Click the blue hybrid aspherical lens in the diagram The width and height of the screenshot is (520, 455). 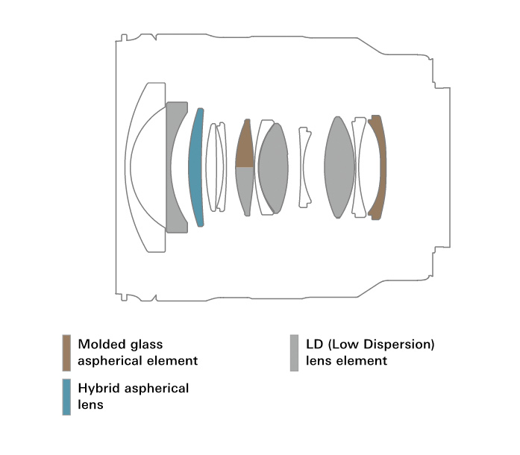click(195, 168)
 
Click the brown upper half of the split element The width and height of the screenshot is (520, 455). click(244, 146)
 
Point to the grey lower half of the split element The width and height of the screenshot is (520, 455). click(244, 190)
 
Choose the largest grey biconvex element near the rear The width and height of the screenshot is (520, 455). click(339, 168)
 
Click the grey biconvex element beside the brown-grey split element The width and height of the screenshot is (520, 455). click(273, 168)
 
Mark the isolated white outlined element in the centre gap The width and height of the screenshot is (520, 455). click(305, 168)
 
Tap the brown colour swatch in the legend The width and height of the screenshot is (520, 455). click(66, 352)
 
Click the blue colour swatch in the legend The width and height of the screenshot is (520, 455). click(66, 396)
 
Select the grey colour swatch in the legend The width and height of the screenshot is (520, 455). click(294, 352)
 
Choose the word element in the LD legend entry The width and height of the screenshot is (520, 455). click(363, 361)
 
